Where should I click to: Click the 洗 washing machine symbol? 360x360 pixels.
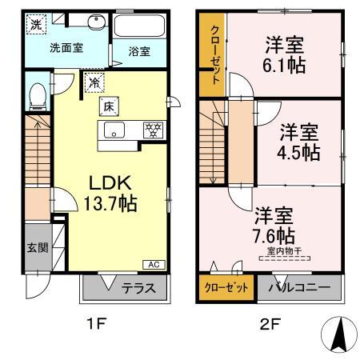(x=37, y=25)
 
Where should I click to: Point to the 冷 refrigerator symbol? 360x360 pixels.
(x=94, y=82)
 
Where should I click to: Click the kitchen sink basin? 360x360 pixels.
(x=114, y=130)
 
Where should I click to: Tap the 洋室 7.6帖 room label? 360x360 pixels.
(x=274, y=225)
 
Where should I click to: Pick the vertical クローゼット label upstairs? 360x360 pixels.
(x=214, y=54)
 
